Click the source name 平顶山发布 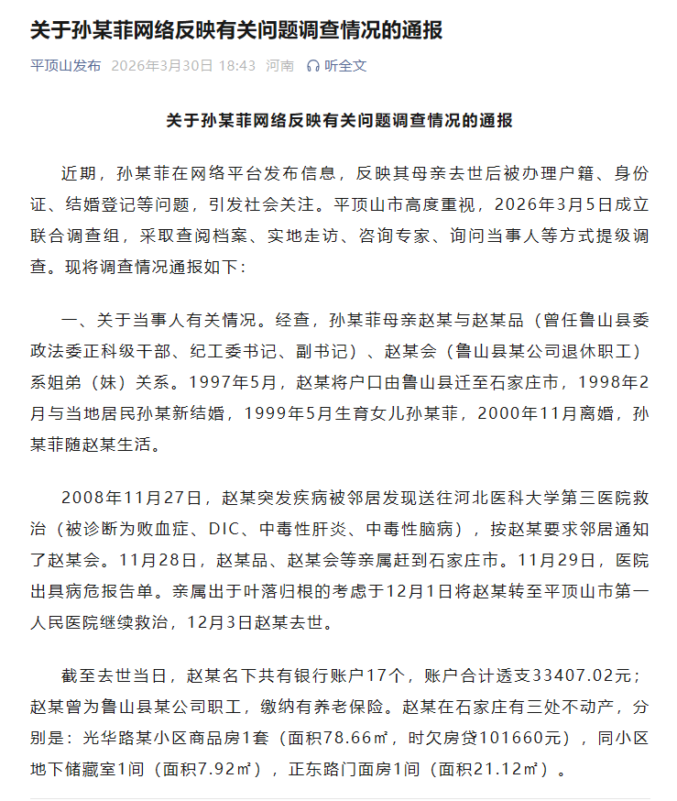(x=66, y=66)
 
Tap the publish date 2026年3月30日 (x=161, y=66)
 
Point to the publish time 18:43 (x=237, y=66)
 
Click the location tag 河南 (x=279, y=66)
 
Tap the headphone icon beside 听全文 (x=313, y=66)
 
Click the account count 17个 (x=385, y=676)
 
